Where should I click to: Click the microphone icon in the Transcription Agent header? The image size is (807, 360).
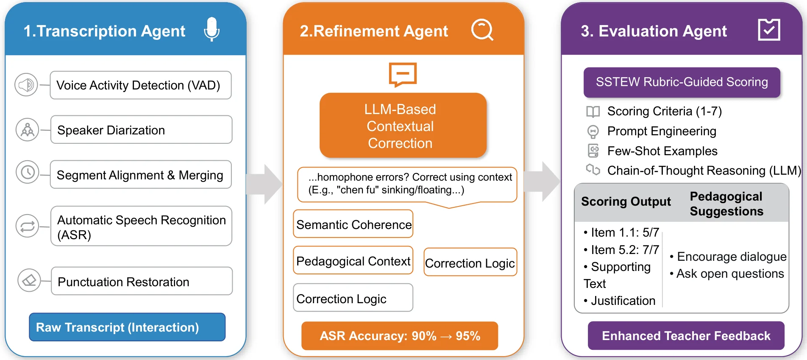click(x=211, y=29)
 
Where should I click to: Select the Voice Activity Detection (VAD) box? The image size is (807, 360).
click(x=140, y=85)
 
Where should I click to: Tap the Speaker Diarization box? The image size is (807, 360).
click(x=141, y=130)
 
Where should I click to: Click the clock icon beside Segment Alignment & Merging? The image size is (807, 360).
click(x=28, y=172)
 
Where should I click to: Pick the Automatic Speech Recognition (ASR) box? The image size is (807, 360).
click(x=141, y=226)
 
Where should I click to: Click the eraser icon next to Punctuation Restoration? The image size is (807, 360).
click(x=29, y=280)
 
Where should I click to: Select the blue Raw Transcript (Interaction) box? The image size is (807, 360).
click(x=127, y=327)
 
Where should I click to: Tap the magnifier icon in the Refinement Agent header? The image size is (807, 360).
click(x=482, y=30)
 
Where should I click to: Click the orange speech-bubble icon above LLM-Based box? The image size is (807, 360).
click(x=403, y=75)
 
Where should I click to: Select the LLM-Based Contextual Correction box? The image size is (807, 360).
click(x=403, y=126)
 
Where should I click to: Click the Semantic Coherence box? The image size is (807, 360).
click(x=353, y=224)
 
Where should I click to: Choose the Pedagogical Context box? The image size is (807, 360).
click(x=353, y=260)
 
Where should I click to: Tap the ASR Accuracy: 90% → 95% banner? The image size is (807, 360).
click(x=399, y=336)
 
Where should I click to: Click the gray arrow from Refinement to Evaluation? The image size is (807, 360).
click(x=543, y=181)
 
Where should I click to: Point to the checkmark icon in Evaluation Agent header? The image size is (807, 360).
click(x=769, y=30)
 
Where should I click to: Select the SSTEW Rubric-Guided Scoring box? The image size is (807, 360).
click(x=682, y=82)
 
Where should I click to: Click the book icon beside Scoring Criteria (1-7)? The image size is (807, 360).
click(x=593, y=112)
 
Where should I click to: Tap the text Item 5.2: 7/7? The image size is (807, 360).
click(x=624, y=250)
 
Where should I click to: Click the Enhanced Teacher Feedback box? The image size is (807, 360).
click(x=686, y=336)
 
